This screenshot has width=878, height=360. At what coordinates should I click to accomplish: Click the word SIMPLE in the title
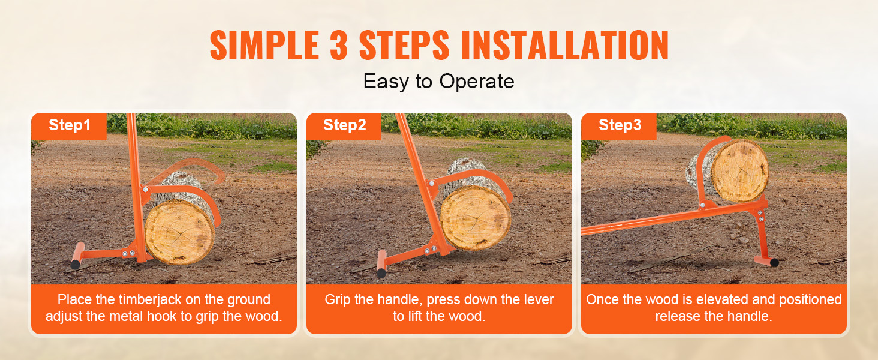tap(264, 45)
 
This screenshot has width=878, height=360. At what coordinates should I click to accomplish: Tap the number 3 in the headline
tap(339, 45)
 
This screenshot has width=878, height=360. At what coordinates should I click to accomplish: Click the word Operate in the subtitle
tap(477, 82)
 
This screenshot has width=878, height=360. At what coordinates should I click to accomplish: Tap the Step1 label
tap(70, 125)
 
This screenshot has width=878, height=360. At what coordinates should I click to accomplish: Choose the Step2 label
tap(344, 125)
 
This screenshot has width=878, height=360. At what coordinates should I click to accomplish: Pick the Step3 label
tap(620, 125)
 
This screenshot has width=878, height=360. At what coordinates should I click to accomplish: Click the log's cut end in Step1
tap(179, 233)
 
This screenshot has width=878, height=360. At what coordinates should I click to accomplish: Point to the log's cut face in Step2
tap(476, 218)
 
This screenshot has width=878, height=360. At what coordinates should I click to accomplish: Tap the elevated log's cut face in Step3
tap(740, 171)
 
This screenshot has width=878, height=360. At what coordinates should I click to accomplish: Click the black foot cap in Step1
tap(75, 265)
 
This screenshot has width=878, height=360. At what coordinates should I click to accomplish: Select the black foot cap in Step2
tap(381, 272)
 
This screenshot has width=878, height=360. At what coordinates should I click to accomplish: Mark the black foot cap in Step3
tap(774, 262)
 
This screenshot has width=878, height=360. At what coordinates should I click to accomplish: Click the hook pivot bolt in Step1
tap(146, 190)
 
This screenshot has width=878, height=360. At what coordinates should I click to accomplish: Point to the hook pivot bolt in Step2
tap(432, 183)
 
